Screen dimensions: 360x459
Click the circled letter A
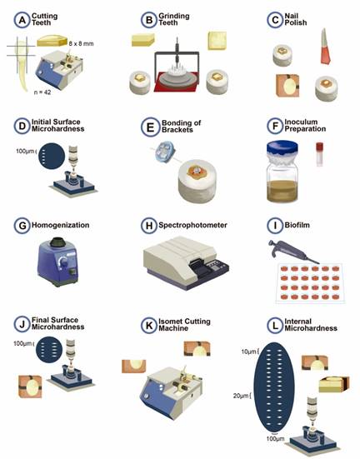pyautogui.click(x=22, y=20)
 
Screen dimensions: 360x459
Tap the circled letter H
pyautogui.click(x=149, y=226)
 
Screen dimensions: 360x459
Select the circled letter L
pyautogui.click(x=275, y=325)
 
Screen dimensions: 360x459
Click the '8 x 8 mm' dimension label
pyautogui.click(x=81, y=43)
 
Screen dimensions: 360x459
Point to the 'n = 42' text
pyautogui.click(x=42, y=92)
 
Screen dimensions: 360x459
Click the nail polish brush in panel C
pyautogui.click(x=325, y=46)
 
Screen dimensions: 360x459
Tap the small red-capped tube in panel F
pyautogui.click(x=319, y=154)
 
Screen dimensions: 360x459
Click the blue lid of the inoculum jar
pyautogui.click(x=282, y=148)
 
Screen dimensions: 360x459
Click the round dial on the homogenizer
pyautogui.click(x=63, y=261)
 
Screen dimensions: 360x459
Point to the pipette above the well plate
pyautogui.click(x=293, y=252)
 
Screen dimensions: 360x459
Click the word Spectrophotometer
pyautogui.click(x=192, y=225)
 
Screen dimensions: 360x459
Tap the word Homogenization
pyautogui.click(x=60, y=225)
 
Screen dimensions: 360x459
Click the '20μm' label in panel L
pyautogui.click(x=241, y=396)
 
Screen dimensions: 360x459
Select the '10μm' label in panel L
pyautogui.click(x=248, y=352)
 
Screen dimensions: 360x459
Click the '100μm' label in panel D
pyautogui.click(x=25, y=152)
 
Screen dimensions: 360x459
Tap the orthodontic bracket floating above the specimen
pyautogui.click(x=165, y=152)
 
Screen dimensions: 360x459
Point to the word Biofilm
pyautogui.click(x=297, y=225)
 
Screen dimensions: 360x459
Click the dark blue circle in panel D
pyautogui.click(x=52, y=156)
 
